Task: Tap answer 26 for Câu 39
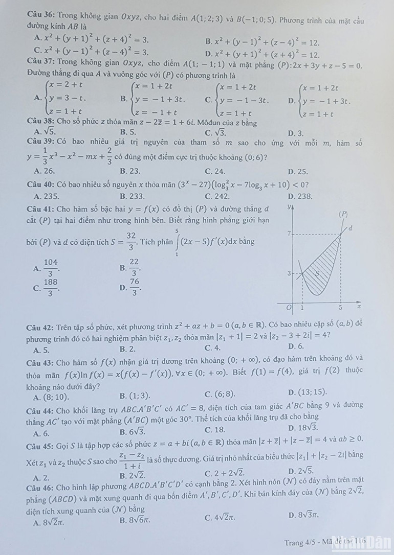pos(45,172)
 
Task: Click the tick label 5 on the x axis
pos(340,308)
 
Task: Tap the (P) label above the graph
pos(344,214)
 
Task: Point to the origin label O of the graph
pos(289,308)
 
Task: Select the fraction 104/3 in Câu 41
pos(50,267)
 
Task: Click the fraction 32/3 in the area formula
pos(131,241)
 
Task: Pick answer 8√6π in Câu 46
pos(136,521)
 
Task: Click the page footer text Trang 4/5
pos(300,542)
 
